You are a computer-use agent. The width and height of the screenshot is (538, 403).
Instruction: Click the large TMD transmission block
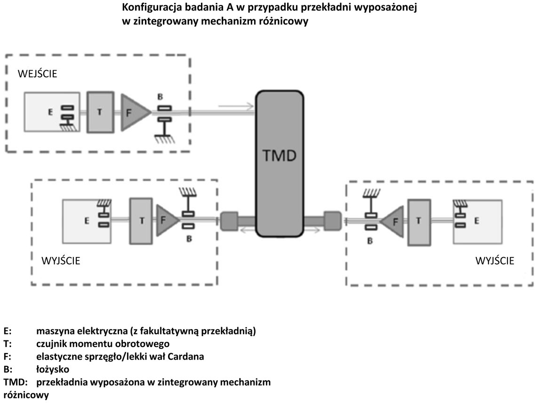[279, 164]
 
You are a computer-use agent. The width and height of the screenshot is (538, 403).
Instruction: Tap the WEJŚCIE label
[37, 73]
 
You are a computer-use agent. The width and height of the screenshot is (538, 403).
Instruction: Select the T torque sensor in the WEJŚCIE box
[100, 112]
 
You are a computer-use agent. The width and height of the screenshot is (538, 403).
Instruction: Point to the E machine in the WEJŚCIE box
[52, 112]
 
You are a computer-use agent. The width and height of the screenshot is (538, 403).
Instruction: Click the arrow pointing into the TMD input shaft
[236, 106]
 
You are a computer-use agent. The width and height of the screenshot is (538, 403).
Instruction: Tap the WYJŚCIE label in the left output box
[61, 260]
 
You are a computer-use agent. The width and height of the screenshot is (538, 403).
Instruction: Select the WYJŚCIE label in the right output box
[494, 260]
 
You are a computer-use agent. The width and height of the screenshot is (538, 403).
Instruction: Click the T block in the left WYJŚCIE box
[141, 221]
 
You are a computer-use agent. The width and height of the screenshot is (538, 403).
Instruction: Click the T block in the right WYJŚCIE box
[419, 222]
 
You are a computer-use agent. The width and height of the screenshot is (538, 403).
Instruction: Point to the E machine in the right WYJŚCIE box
[477, 222]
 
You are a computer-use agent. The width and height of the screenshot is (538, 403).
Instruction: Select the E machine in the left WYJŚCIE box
[87, 221]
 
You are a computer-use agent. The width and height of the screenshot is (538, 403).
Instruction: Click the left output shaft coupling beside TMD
[229, 221]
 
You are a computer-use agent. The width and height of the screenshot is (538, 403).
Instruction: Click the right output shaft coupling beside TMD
[332, 221]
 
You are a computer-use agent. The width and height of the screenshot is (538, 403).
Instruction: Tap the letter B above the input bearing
[160, 97]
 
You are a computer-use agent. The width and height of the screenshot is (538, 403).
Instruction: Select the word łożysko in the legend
[53, 370]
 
